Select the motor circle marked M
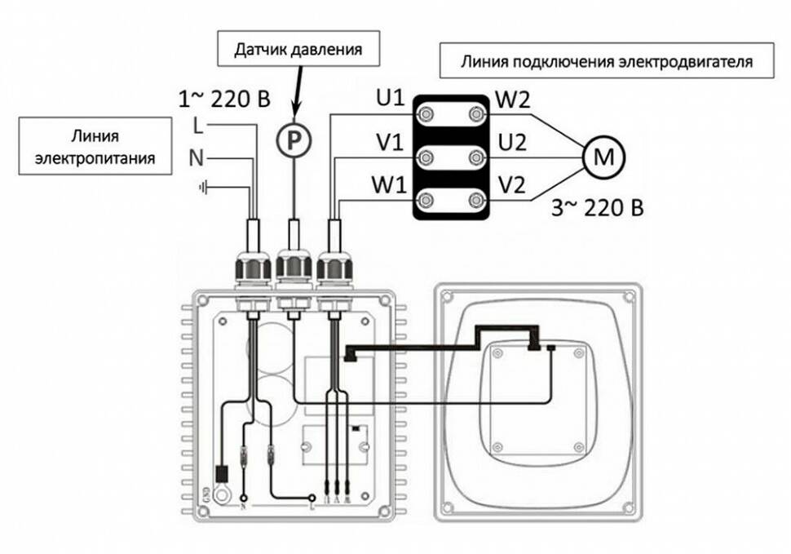(x=603, y=155)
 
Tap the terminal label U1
(x=391, y=100)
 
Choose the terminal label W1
(x=390, y=186)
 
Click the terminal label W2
(x=512, y=100)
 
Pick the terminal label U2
(x=511, y=144)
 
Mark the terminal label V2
(x=511, y=186)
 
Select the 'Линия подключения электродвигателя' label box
(x=606, y=60)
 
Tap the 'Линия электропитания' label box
(x=95, y=145)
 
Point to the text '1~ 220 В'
(x=223, y=100)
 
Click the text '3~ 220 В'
(x=598, y=208)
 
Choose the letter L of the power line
(x=197, y=126)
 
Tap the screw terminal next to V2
(x=475, y=199)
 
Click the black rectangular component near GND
(x=221, y=473)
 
